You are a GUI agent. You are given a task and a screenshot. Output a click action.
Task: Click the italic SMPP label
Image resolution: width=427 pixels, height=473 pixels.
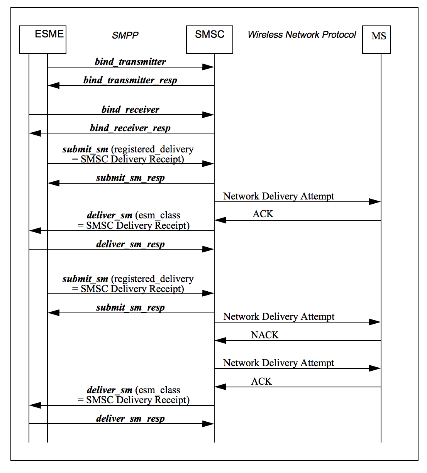pyautogui.click(x=125, y=35)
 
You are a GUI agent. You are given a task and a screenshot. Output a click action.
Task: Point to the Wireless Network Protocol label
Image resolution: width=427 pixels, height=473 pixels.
pyautogui.click(x=302, y=35)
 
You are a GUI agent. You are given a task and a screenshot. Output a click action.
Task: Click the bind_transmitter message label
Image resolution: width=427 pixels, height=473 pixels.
pyautogui.click(x=130, y=62)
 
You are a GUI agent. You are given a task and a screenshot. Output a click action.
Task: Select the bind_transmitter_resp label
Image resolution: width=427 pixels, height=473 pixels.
pyautogui.click(x=130, y=80)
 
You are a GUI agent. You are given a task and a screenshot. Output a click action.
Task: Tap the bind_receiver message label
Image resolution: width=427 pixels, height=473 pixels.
pyautogui.click(x=130, y=110)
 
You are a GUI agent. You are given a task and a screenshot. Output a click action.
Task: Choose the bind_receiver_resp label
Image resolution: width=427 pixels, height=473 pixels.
pyautogui.click(x=130, y=128)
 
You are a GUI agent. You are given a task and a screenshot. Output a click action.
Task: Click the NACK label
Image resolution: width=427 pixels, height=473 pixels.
pyautogui.click(x=264, y=335)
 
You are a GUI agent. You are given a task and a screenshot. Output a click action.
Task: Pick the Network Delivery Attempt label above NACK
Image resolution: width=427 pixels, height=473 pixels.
pyautogui.click(x=279, y=317)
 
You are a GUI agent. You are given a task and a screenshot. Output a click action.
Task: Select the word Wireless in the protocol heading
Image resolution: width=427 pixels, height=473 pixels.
pyautogui.click(x=265, y=35)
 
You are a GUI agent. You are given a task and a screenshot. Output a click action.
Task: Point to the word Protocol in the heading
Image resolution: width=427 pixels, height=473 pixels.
pyautogui.click(x=339, y=35)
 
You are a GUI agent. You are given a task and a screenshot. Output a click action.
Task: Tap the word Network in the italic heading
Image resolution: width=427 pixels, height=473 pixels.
pyautogui.click(x=302, y=35)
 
